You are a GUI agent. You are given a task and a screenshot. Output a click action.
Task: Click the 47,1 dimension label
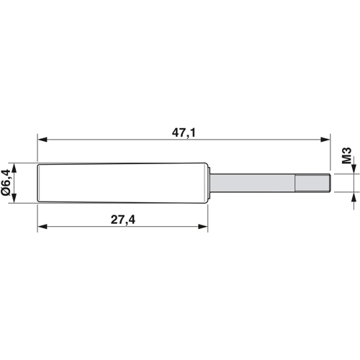pyautogui.click(x=184, y=132)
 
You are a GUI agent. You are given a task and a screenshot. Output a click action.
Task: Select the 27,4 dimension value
pyautogui.click(x=123, y=220)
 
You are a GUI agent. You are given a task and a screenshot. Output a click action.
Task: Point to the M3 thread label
pyautogui.click(x=346, y=156)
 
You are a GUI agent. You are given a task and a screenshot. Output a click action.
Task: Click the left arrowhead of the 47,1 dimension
pyautogui.click(x=42, y=140)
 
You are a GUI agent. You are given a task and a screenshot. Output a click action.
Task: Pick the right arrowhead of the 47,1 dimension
pyautogui.click(x=325, y=140)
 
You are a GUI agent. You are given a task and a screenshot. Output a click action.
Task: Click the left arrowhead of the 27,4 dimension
pyautogui.click(x=42, y=226)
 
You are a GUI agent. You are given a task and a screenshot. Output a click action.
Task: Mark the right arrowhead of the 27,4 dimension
pyautogui.click(x=202, y=226)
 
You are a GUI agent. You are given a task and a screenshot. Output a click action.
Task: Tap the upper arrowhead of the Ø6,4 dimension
pyautogui.click(x=14, y=168)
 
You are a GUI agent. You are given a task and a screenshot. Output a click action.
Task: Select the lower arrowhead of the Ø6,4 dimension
pyautogui.click(x=14, y=199)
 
